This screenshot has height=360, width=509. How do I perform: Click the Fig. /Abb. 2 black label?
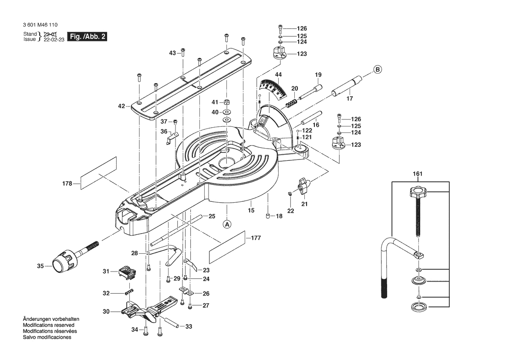tap(87, 37)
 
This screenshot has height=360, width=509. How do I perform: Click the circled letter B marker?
tap(378, 69)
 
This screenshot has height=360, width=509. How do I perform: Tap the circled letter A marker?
tap(227, 224)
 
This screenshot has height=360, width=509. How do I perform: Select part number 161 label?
tap(418, 174)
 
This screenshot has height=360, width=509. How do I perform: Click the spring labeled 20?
tap(291, 103)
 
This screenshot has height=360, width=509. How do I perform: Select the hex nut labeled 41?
tap(227, 102)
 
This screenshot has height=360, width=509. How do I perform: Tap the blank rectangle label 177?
tap(226, 247)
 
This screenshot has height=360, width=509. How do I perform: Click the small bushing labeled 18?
tap(268, 216)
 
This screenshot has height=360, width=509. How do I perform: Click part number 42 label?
tap(121, 106)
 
